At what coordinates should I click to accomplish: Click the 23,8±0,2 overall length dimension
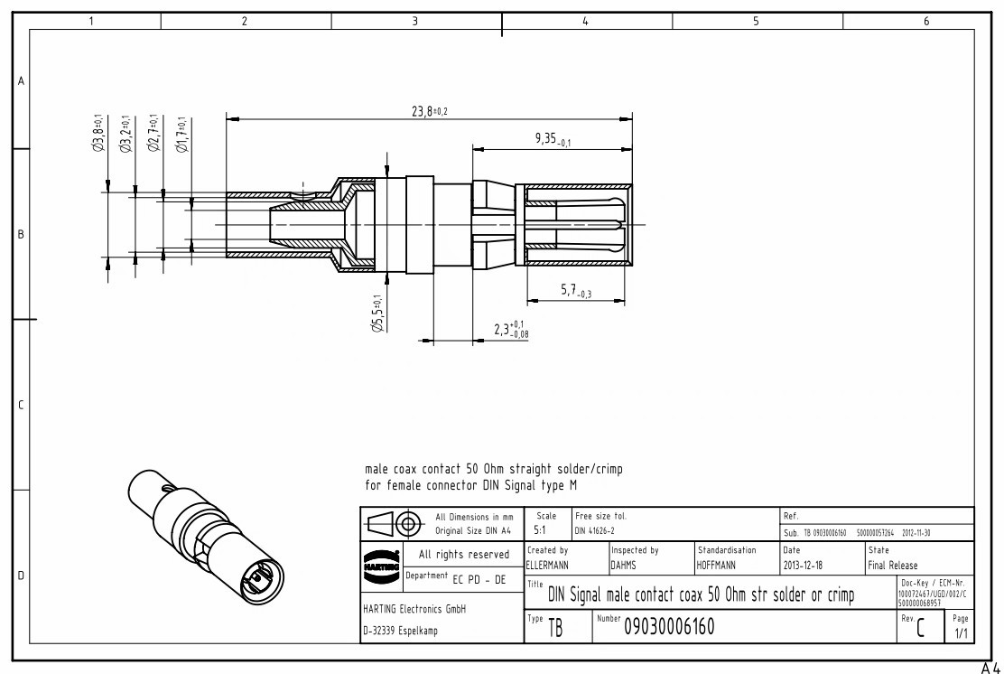point(430,110)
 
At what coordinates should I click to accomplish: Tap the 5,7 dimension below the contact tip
point(576,290)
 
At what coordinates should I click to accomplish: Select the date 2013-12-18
point(804,565)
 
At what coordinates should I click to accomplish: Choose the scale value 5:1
point(539,530)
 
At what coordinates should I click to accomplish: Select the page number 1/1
point(960,633)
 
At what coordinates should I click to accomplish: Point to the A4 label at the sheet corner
point(991,668)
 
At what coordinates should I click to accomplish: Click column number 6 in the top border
point(925,21)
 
